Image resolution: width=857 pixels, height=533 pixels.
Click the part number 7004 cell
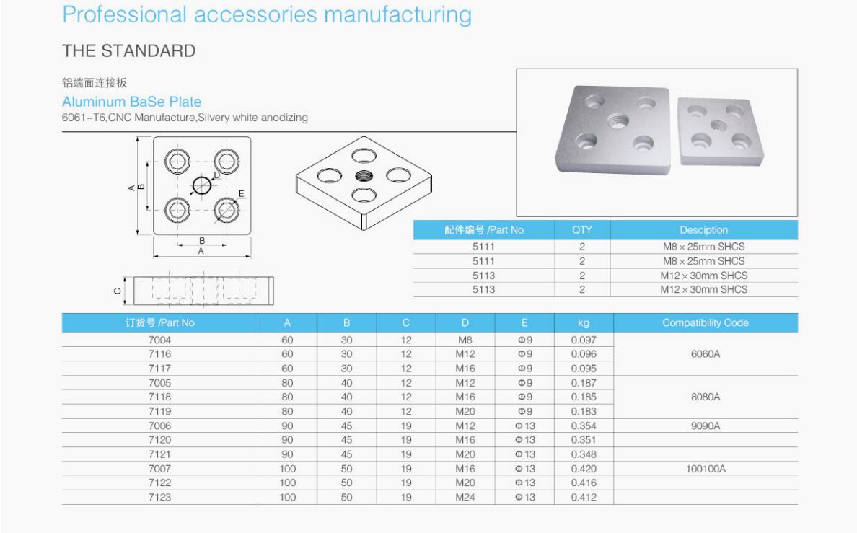159,340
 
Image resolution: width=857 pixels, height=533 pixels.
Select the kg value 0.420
584,469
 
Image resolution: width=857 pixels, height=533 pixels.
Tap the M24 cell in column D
465,497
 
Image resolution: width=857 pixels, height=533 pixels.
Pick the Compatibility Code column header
705,322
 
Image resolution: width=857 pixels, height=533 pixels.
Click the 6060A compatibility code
705,353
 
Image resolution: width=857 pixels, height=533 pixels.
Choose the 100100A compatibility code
706,469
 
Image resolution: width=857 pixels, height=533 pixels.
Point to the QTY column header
581,230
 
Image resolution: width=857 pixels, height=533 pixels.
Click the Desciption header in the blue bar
703,230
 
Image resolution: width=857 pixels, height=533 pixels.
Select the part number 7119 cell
159,411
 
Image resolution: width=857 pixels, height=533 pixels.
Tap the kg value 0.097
584,340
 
